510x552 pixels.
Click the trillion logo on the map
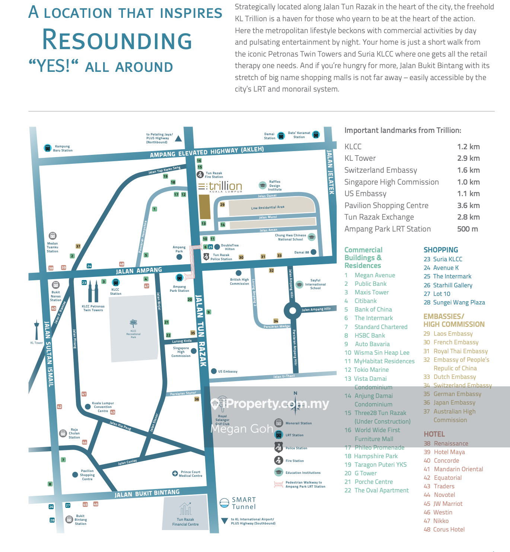(x=220, y=186)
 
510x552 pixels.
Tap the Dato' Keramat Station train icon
(x=316, y=135)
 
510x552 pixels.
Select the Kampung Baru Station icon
(x=48, y=148)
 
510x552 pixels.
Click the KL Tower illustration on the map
(x=36, y=329)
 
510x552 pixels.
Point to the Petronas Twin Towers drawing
(x=93, y=291)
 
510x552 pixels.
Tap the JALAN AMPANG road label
(x=139, y=271)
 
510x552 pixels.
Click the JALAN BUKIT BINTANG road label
(x=147, y=494)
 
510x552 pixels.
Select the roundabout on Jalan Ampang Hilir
(x=293, y=310)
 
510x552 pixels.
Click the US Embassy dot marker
(x=214, y=371)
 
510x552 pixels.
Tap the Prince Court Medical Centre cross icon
(x=175, y=473)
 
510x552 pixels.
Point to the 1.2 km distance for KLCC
(x=468, y=147)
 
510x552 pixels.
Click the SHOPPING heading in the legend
(x=441, y=250)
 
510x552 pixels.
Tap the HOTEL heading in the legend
(x=434, y=434)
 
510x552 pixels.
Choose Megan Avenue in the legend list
(x=374, y=275)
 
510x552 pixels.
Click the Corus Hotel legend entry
(x=449, y=529)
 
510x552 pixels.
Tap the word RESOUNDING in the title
(x=117, y=40)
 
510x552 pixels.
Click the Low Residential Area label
(x=268, y=207)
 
